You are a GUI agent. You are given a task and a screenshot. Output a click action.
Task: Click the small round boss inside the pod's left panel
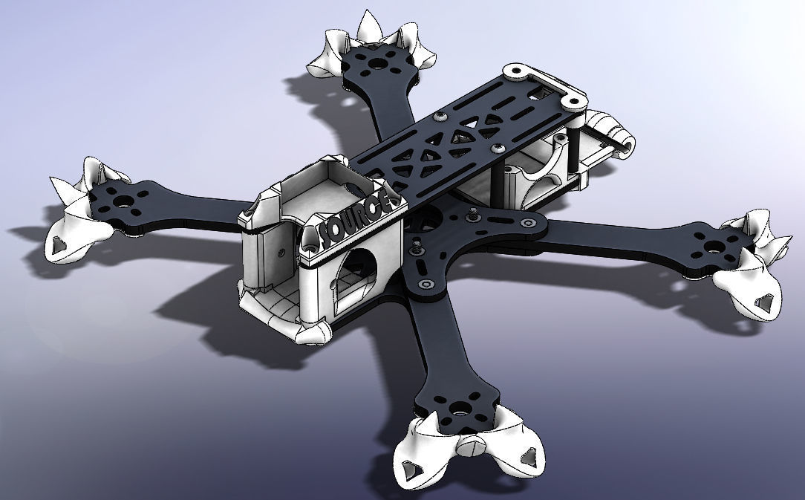[x=281, y=252]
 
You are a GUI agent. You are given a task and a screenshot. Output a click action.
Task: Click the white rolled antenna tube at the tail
[x=613, y=130]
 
